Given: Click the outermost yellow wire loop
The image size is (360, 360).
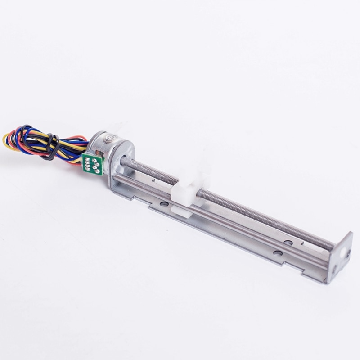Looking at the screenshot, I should pyautogui.click(x=6, y=141).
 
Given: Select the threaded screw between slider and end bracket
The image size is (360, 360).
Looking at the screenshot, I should pyautogui.click(x=265, y=219).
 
